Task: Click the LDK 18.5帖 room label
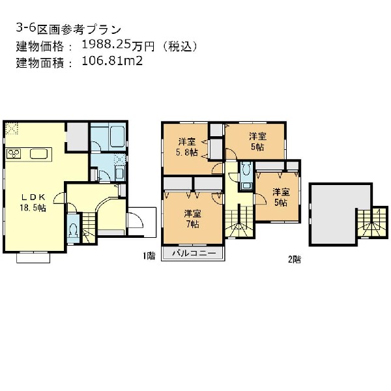point(33,203)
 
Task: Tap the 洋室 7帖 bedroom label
point(192,219)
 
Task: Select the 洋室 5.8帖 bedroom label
point(187,147)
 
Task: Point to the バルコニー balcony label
point(194,253)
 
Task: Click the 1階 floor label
point(149,256)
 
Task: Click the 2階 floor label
point(295,259)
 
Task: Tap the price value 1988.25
point(106,45)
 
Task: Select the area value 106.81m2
point(112,61)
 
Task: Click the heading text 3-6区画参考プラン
point(69,29)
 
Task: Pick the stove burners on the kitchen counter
point(14,154)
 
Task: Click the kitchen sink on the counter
point(38,154)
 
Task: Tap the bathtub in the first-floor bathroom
point(117,137)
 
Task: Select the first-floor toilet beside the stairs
point(73,229)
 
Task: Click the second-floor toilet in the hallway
point(246,175)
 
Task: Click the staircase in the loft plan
point(372,223)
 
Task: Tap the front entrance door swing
point(136,220)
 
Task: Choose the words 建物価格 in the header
point(40,46)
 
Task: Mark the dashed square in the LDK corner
point(12,128)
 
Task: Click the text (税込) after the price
point(180,46)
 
